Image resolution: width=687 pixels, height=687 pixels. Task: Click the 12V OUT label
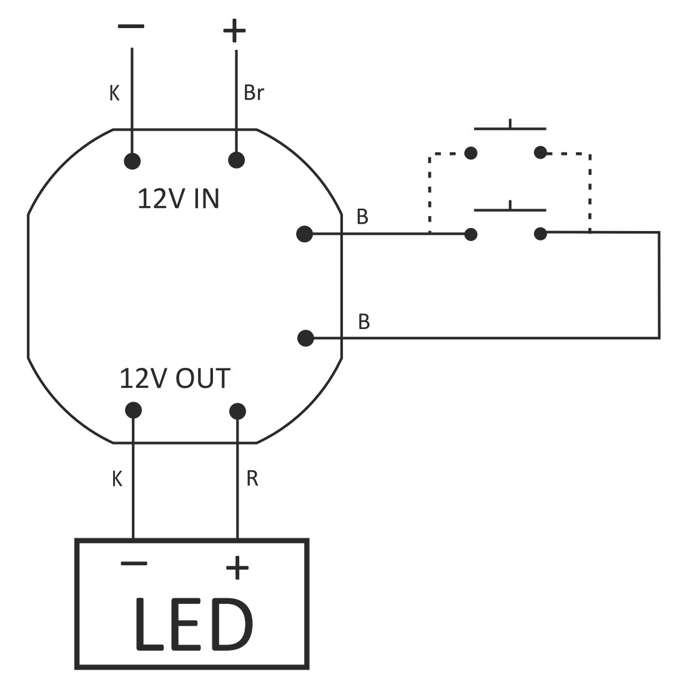(x=175, y=378)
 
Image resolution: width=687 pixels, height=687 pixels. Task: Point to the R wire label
(x=252, y=479)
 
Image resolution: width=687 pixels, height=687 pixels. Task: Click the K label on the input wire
(x=114, y=93)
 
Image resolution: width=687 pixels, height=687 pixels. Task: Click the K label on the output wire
(x=116, y=479)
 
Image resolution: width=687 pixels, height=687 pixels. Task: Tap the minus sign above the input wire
(x=131, y=27)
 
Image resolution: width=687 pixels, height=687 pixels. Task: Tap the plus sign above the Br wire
(x=235, y=30)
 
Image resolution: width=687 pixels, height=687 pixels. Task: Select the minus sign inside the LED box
(x=134, y=564)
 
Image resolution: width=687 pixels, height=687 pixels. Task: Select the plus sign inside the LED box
(x=237, y=568)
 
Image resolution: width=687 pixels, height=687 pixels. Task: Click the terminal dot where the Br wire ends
(x=236, y=161)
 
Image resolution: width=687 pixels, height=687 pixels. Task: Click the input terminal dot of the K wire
(x=132, y=161)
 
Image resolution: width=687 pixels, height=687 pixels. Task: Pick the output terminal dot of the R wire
(x=237, y=411)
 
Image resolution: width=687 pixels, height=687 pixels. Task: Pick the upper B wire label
(x=362, y=217)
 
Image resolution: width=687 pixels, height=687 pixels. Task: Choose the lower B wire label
(x=363, y=322)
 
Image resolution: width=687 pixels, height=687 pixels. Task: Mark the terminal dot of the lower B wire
(x=305, y=338)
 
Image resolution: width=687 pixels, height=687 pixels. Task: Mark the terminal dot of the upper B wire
(x=304, y=234)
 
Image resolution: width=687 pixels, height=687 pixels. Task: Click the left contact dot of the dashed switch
(x=472, y=152)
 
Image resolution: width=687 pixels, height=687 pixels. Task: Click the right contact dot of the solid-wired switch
(x=541, y=234)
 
